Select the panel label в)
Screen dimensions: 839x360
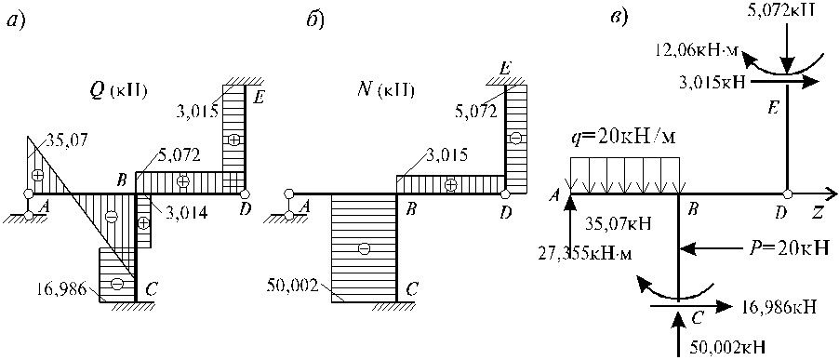(x=619, y=20)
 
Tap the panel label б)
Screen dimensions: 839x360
(x=315, y=21)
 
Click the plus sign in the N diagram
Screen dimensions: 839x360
(x=451, y=184)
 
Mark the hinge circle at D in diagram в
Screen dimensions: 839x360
(x=787, y=193)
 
